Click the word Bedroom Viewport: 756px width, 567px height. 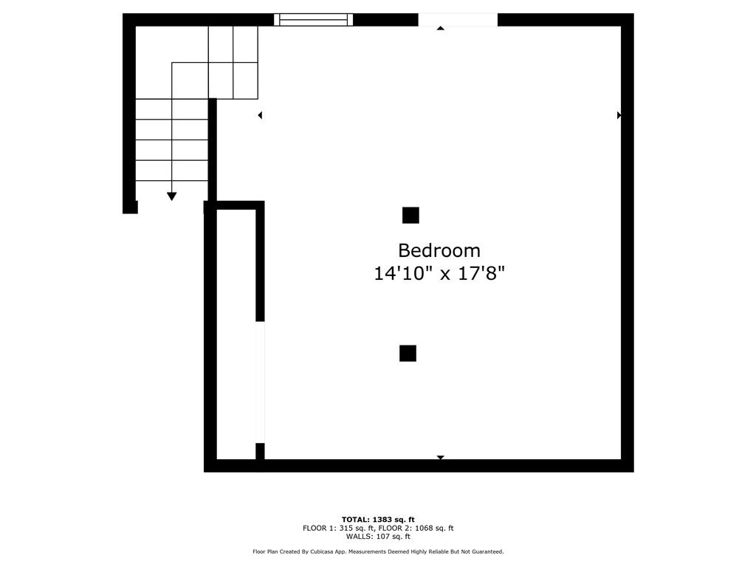click(x=439, y=250)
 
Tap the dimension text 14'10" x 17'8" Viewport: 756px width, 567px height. click(x=439, y=274)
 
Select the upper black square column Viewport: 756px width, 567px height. click(x=410, y=215)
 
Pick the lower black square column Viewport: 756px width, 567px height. click(x=408, y=353)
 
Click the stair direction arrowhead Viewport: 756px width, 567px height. click(x=172, y=196)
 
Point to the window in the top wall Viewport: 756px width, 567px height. click(x=313, y=20)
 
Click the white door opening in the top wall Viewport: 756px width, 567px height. click(x=458, y=20)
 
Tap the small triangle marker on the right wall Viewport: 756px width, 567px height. click(x=619, y=115)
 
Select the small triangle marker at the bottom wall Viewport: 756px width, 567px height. click(x=441, y=458)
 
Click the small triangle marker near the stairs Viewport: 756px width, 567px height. click(x=260, y=115)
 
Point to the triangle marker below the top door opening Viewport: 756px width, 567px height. click(x=441, y=28)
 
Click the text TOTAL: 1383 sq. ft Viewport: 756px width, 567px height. click(x=378, y=520)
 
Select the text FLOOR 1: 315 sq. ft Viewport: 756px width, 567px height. click(x=338, y=528)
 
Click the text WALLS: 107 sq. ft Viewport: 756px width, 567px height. click(x=378, y=537)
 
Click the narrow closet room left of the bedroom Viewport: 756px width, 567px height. click(x=236, y=332)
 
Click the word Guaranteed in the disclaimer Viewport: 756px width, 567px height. click(x=484, y=551)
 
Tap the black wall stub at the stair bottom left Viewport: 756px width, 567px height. click(x=130, y=207)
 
